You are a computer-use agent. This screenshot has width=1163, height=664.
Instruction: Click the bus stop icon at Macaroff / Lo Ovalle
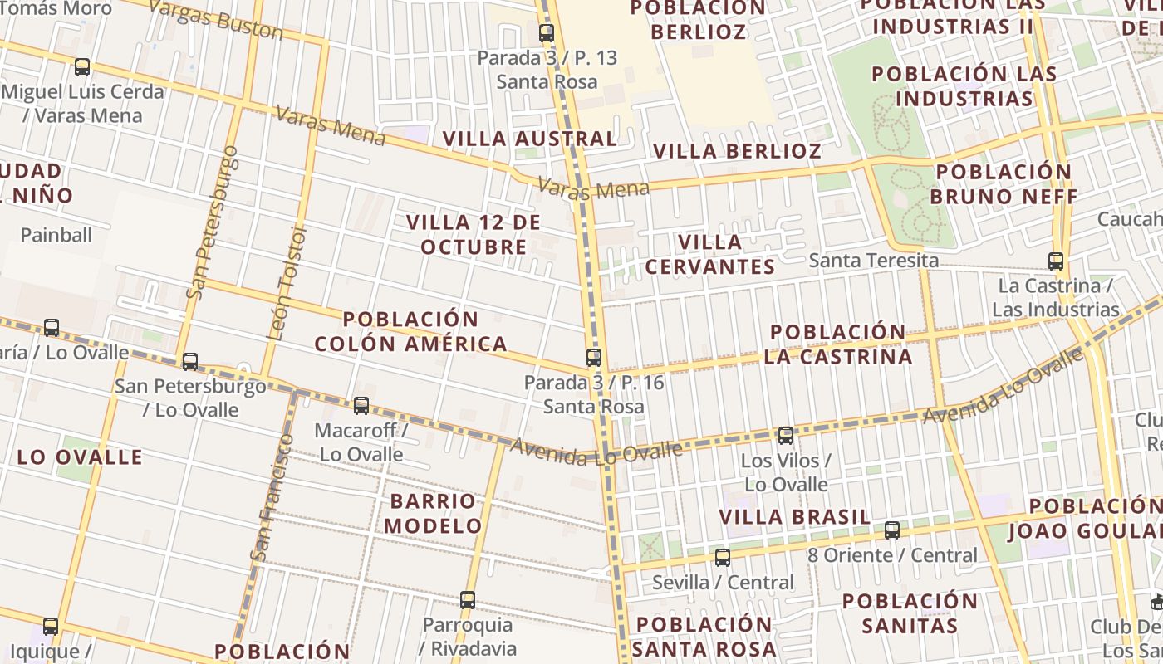tap(361, 406)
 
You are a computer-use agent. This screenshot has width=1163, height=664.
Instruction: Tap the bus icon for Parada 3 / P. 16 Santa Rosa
tap(594, 358)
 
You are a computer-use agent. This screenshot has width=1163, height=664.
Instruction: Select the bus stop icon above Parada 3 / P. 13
tap(547, 33)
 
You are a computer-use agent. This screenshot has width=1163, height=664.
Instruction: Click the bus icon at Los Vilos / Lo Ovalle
tap(786, 435)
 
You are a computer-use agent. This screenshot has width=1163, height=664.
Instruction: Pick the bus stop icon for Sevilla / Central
tap(723, 558)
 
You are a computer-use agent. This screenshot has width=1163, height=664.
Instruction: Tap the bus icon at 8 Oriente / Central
tap(892, 530)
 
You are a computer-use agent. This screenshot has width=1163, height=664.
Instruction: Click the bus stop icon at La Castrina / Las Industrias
tap(1056, 261)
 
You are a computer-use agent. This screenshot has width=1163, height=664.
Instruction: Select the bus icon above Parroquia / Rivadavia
tap(468, 600)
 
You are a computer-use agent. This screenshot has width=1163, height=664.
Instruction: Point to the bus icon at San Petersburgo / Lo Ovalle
tap(190, 362)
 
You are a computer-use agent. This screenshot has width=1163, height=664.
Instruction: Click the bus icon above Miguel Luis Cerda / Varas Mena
tap(82, 67)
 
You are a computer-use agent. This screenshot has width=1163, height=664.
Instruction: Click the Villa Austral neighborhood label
tap(530, 139)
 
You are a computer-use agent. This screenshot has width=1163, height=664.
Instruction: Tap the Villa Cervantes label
tap(709, 254)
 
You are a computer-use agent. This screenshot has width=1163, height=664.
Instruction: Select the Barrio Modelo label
tap(433, 513)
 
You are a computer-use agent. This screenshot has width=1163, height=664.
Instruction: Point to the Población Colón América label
tap(411, 331)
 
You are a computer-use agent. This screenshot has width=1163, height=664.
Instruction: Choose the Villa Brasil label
tap(795, 517)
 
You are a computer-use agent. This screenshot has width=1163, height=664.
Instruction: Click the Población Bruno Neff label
tap(1004, 184)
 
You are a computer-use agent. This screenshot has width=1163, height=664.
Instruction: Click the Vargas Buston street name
tap(216, 19)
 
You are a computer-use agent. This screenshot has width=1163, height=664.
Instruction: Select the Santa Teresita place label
tap(874, 261)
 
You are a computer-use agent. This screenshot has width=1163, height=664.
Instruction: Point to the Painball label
tap(56, 235)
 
